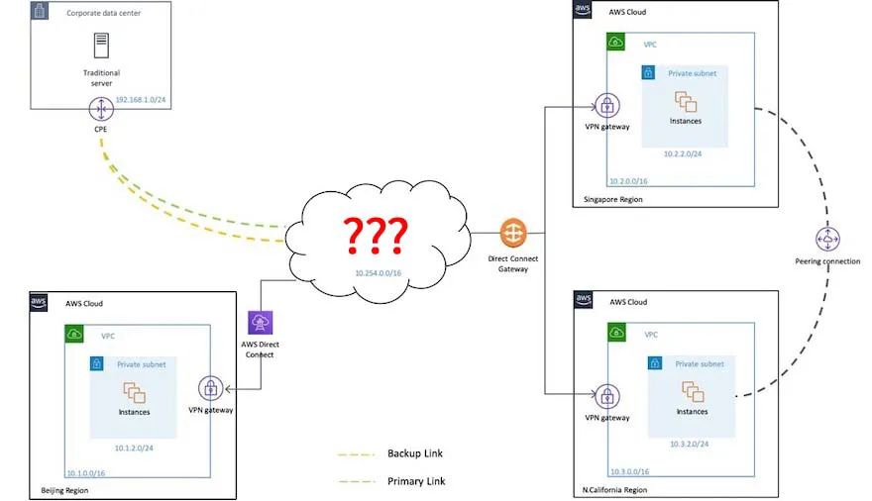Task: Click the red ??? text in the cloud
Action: click(375, 235)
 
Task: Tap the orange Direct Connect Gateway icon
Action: click(514, 234)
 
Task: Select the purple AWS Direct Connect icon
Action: click(261, 323)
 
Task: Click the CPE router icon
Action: click(100, 109)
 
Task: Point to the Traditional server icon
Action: click(101, 47)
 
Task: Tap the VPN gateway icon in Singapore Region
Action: click(606, 106)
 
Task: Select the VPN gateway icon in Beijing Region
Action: click(210, 387)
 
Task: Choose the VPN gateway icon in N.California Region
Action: click(606, 396)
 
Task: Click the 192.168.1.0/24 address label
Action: click(142, 101)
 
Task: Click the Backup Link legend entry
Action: click(415, 453)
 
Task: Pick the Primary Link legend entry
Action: click(416, 481)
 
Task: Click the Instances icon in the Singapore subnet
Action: click(685, 101)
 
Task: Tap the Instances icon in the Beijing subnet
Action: click(135, 392)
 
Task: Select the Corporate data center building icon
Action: click(41, 13)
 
